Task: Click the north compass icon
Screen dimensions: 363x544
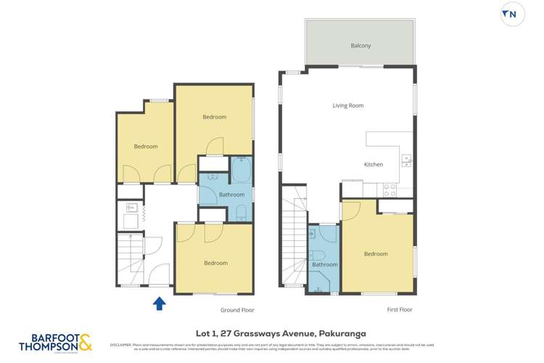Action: pyautogui.click(x=512, y=15)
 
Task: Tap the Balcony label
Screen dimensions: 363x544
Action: pyautogui.click(x=360, y=46)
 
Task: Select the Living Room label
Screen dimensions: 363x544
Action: pyautogui.click(x=347, y=106)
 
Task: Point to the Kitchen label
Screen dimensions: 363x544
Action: pyautogui.click(x=373, y=165)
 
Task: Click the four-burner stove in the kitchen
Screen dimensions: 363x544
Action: pyautogui.click(x=390, y=190)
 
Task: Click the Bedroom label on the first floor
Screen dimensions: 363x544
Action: pyautogui.click(x=375, y=254)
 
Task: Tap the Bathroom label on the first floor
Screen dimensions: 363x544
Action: pyautogui.click(x=324, y=265)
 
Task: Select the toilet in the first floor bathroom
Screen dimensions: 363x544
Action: pyautogui.click(x=317, y=254)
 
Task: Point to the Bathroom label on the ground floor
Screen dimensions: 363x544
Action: pyautogui.click(x=211, y=195)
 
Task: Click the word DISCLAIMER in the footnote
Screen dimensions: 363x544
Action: pyautogui.click(x=120, y=345)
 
